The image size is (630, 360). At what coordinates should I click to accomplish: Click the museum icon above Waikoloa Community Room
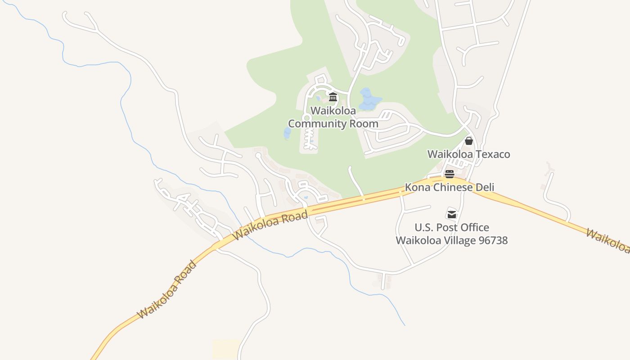(333, 97)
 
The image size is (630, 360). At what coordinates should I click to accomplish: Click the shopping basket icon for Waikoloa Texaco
(469, 141)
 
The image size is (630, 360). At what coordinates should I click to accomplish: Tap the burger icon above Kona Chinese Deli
(450, 174)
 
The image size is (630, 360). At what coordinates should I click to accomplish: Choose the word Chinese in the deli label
(451, 187)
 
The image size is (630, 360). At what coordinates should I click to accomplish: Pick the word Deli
(483, 187)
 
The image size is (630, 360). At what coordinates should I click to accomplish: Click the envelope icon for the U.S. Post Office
(452, 214)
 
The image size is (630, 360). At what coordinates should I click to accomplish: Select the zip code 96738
(493, 240)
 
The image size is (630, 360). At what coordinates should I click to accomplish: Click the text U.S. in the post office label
(424, 227)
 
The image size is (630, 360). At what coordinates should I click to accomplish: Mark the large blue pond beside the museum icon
(370, 99)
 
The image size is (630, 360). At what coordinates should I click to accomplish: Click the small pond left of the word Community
(287, 133)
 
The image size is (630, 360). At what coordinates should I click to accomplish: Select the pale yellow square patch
(226, 349)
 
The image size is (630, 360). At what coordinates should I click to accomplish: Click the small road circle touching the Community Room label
(307, 118)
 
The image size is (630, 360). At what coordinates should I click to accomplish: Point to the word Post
(446, 227)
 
